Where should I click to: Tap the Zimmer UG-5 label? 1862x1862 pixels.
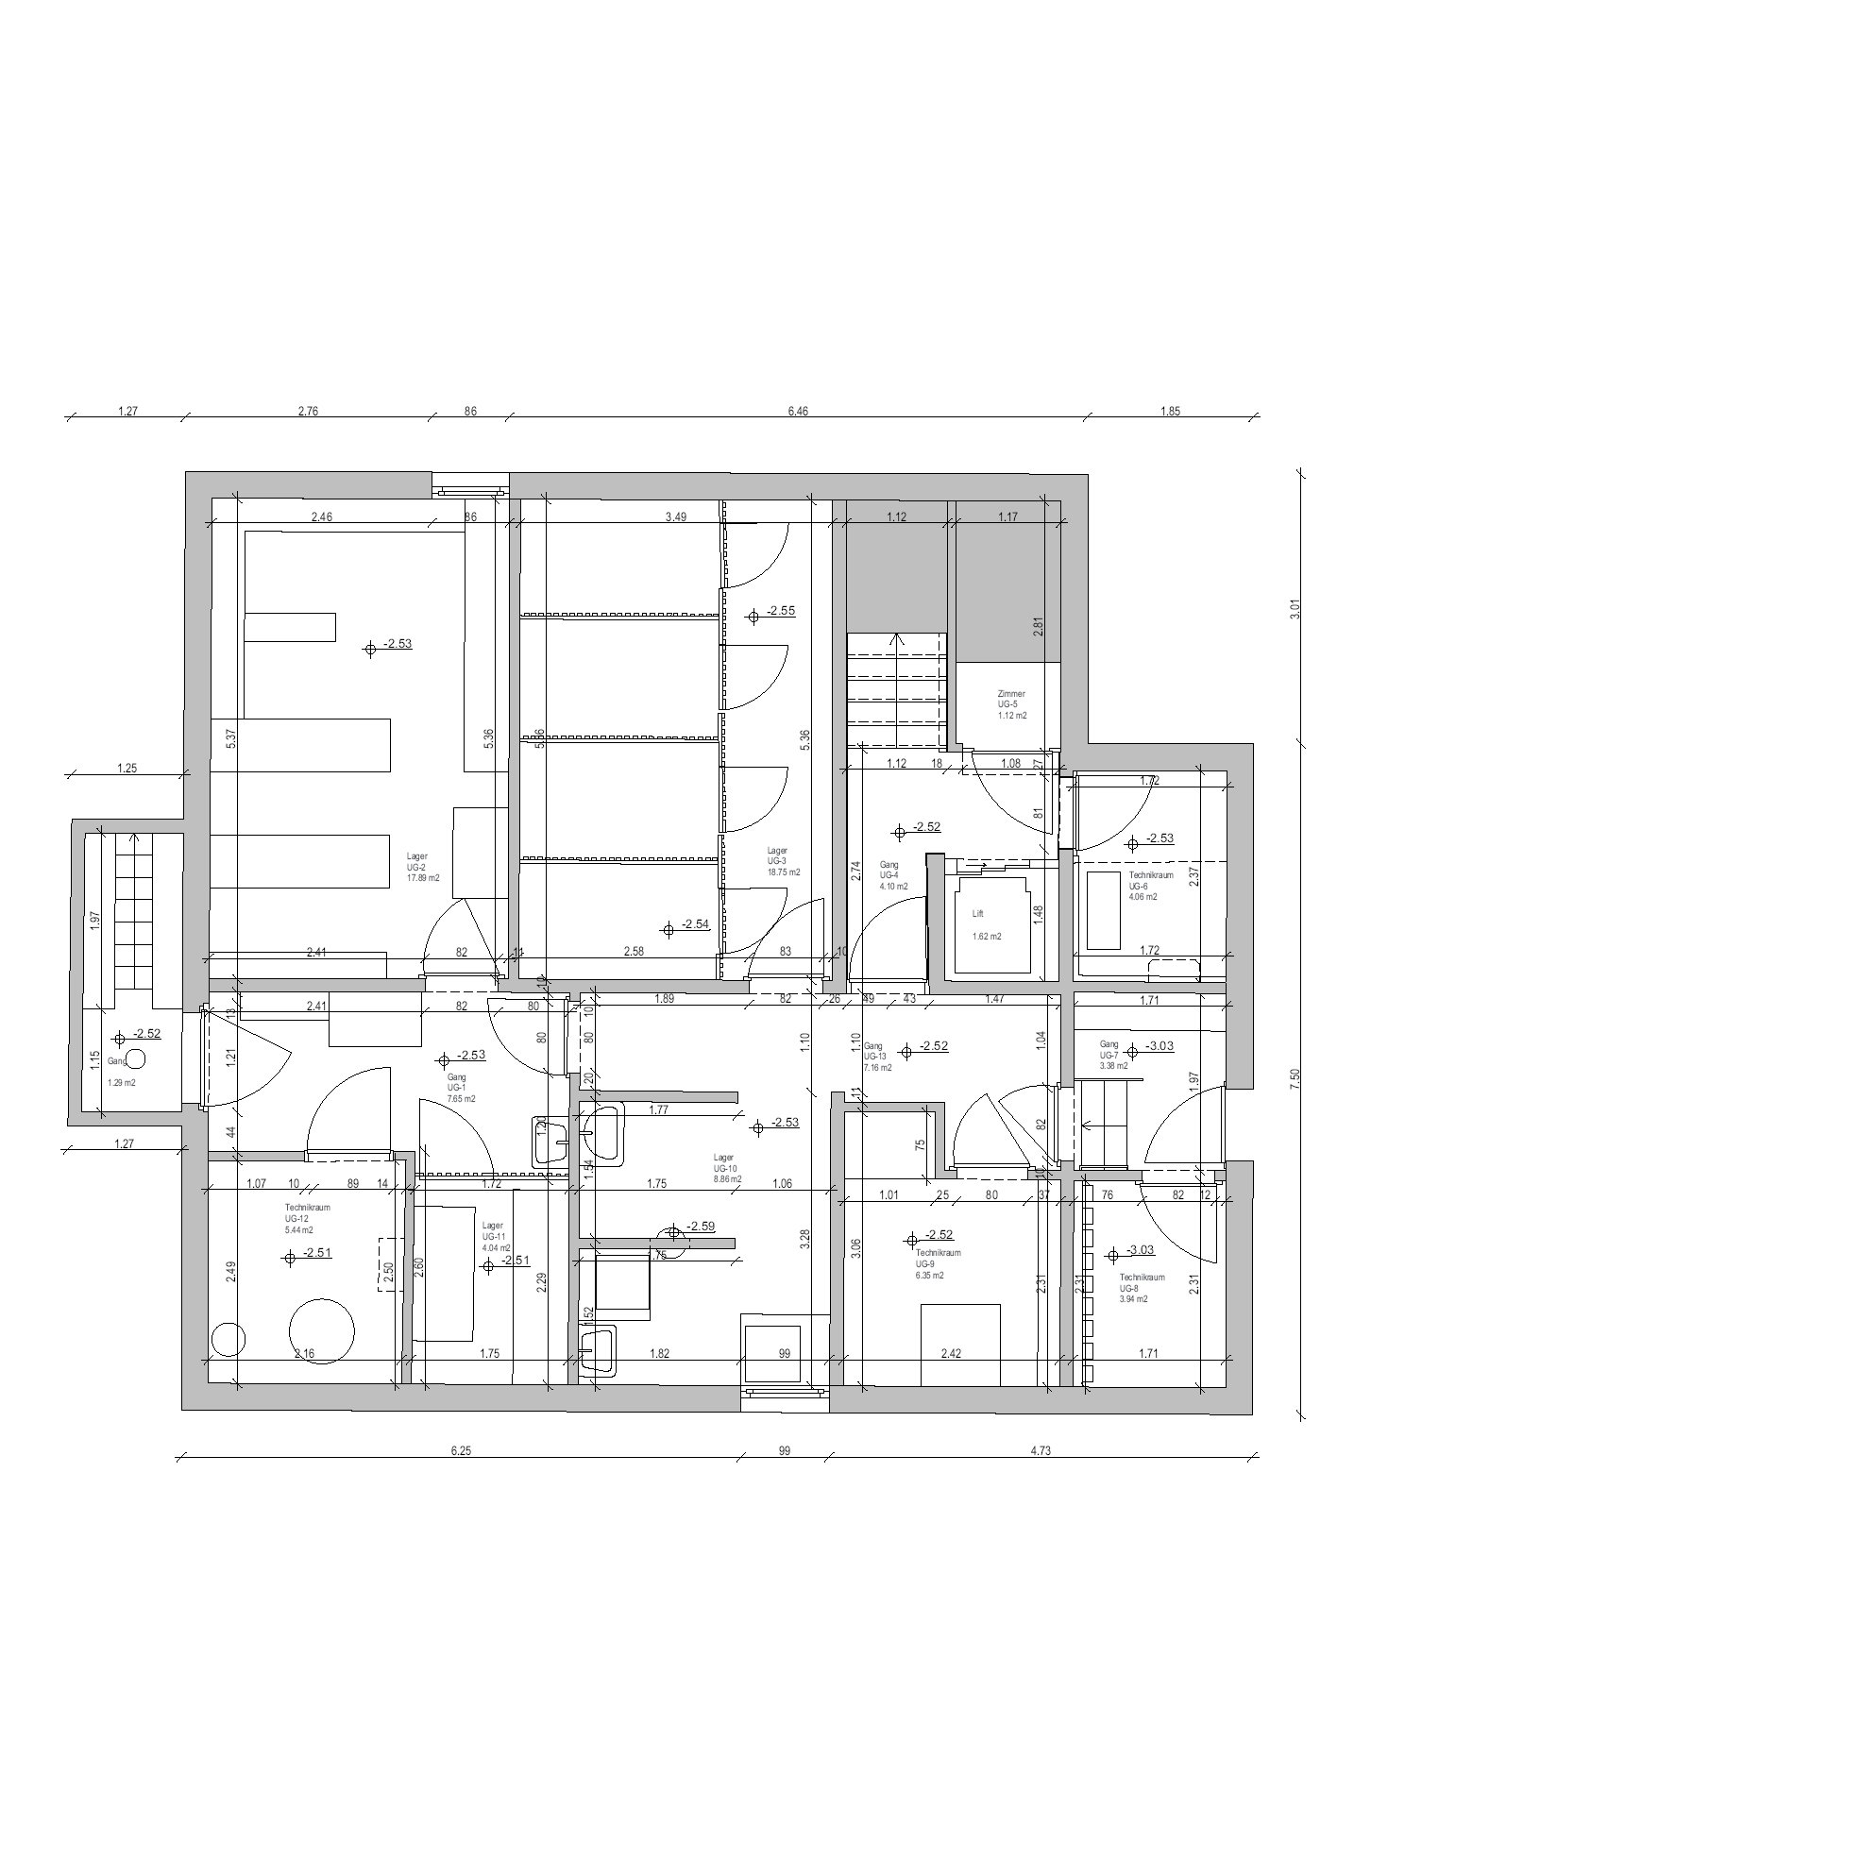pyautogui.click(x=1011, y=704)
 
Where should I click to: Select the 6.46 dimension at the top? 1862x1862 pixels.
pyautogui.click(x=797, y=412)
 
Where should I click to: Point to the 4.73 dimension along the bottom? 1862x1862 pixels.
pyautogui.click(x=1040, y=1450)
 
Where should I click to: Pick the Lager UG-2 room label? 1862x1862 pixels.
pyautogui.click(x=422, y=867)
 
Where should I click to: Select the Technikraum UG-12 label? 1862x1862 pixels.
pyautogui.click(x=307, y=1218)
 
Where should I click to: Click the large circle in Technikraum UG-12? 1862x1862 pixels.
pyautogui.click(x=322, y=1331)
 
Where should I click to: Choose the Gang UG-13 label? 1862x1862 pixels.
pyautogui.click(x=878, y=1057)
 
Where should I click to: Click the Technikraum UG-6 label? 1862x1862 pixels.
pyautogui.click(x=1151, y=886)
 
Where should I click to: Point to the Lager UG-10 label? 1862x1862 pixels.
pyautogui.click(x=727, y=1168)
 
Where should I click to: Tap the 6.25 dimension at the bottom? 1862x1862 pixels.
pyautogui.click(x=461, y=1450)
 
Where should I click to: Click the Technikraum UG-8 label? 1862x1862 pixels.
pyautogui.click(x=1142, y=1288)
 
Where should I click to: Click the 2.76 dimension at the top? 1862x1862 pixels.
pyautogui.click(x=308, y=412)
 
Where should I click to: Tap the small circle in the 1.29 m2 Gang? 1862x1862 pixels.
pyautogui.click(x=136, y=1059)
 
